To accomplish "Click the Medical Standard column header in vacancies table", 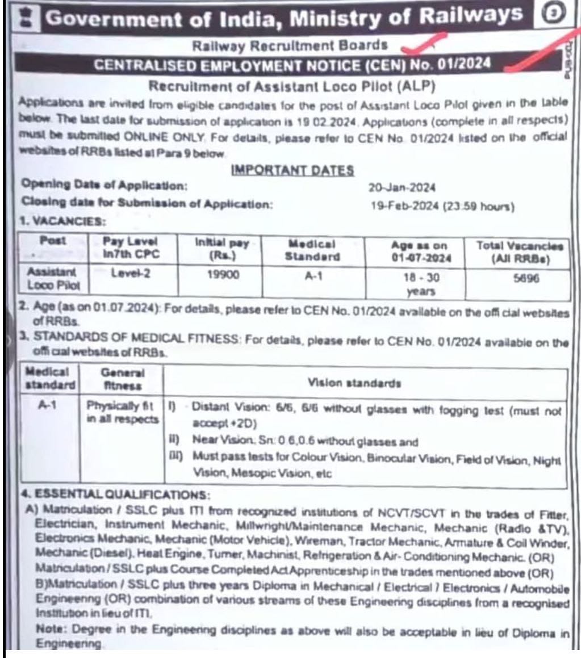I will click(312, 250).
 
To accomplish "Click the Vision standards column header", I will click(363, 383).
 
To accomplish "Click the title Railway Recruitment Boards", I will click(290, 45).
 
